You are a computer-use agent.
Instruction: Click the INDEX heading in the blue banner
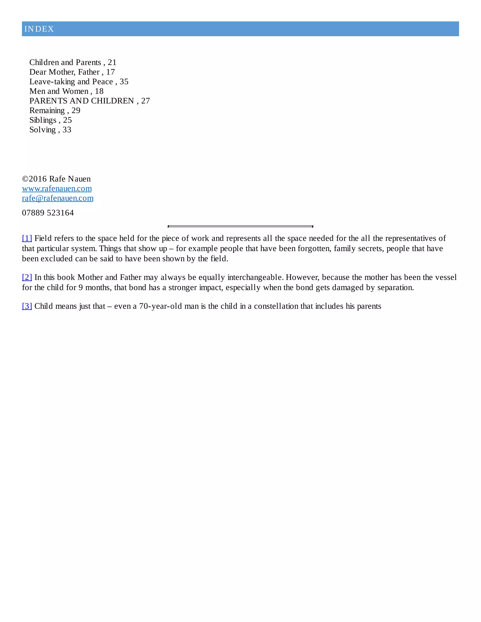(39, 29)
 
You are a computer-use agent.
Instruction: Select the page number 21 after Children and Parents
(112, 62)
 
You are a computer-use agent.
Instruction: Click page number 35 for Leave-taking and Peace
(124, 82)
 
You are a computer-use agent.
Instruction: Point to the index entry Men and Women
(59, 91)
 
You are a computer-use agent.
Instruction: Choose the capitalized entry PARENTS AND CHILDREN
(82, 101)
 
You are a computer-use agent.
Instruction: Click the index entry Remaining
(47, 111)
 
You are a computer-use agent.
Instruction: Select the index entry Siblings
(43, 120)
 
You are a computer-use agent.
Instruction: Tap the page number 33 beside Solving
(67, 130)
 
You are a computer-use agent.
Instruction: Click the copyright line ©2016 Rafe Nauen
(56, 179)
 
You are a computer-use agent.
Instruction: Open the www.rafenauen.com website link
(57, 188)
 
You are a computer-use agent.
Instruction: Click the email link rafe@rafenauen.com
(58, 198)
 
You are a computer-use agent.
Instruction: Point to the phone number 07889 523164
(48, 213)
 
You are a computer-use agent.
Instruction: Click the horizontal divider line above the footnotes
(240, 227)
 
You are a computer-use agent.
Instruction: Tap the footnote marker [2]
(27, 277)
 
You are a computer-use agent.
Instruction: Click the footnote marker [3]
(27, 306)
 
